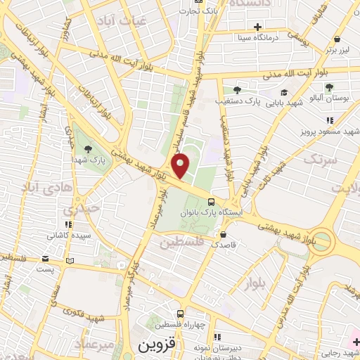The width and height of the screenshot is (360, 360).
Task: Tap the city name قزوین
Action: [155, 346]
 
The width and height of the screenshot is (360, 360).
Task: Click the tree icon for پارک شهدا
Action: [88, 148]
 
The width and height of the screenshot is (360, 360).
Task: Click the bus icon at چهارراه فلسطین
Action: [181, 314]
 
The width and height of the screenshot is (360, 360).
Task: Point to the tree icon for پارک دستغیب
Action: [237, 89]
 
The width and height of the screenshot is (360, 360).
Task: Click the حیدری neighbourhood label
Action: [77, 209]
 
